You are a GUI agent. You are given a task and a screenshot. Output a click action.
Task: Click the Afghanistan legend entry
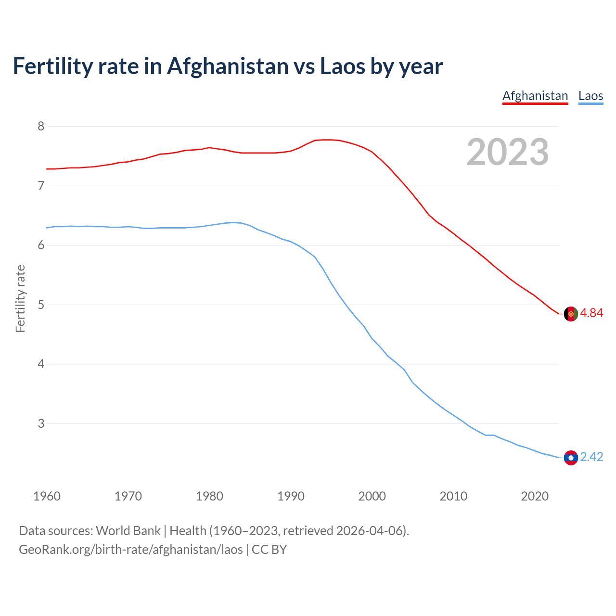point(535,96)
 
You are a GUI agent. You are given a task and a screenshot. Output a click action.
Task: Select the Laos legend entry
point(590,96)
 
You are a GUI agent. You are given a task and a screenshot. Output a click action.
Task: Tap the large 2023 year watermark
point(507,152)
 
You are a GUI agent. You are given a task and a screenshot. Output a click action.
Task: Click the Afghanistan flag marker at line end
point(571,313)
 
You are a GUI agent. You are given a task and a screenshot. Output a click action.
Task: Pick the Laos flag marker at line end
point(571,458)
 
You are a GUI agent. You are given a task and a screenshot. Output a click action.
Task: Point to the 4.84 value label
point(591,313)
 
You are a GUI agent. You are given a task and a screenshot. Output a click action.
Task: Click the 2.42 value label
point(591,457)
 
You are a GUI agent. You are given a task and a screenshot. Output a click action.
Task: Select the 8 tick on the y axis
point(41,127)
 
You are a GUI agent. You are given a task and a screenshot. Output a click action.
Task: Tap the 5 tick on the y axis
point(41,305)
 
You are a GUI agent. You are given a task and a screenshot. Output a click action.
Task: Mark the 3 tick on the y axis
point(41,423)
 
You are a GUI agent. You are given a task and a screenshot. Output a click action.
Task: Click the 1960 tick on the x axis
point(47,496)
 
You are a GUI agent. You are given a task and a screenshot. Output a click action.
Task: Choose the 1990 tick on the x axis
point(291,496)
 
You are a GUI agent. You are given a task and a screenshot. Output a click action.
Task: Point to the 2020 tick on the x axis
point(535,496)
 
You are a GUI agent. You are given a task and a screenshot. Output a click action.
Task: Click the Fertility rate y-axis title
point(20,298)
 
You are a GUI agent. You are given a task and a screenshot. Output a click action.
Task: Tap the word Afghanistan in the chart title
point(227,66)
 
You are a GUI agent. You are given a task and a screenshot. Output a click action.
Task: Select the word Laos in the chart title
point(342,66)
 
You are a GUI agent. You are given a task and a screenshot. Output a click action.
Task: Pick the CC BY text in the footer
point(269,550)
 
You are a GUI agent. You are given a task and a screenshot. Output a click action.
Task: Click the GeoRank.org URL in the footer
point(130,550)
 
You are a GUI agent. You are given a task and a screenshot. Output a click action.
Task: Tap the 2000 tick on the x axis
point(372,496)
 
